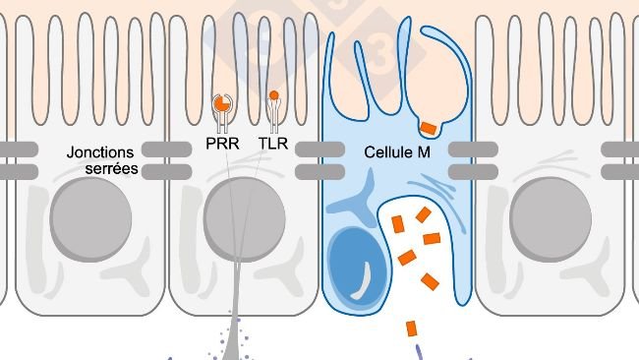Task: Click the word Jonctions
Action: tap(100, 153)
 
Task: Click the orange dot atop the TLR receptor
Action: tap(274, 95)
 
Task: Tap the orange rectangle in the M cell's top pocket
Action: tap(429, 127)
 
